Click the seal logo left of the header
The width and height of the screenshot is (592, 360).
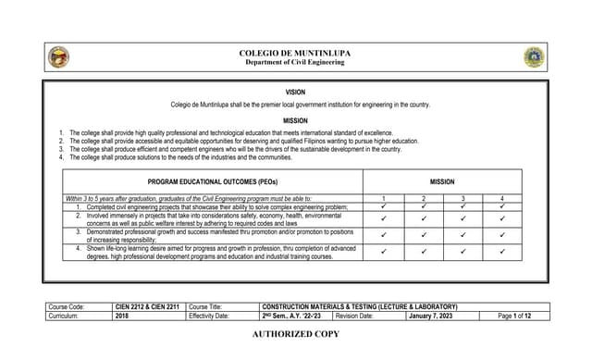coord(58,57)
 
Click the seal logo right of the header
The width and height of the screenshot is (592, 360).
coord(534,57)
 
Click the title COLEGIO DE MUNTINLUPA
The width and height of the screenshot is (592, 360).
coord(295,54)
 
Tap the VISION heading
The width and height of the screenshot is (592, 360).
coord(295,93)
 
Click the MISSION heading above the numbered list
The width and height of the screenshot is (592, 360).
coord(295,120)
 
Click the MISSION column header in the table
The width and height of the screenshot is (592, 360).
coord(442,182)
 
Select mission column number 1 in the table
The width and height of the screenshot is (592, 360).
coord(384,199)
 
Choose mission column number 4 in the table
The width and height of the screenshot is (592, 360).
coord(501,199)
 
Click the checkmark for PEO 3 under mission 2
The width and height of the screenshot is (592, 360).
coord(424,235)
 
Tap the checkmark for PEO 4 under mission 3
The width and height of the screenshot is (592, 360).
coord(462,252)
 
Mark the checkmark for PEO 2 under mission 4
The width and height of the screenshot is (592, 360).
coord(501,219)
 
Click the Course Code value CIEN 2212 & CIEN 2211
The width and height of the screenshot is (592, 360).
coord(146,306)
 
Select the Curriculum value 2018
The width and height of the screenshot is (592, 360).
coord(123,316)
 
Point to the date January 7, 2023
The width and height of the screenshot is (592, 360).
coord(432,316)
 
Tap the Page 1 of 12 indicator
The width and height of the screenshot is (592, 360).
coord(514,316)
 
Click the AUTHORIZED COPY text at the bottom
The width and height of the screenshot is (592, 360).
coord(295,333)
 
